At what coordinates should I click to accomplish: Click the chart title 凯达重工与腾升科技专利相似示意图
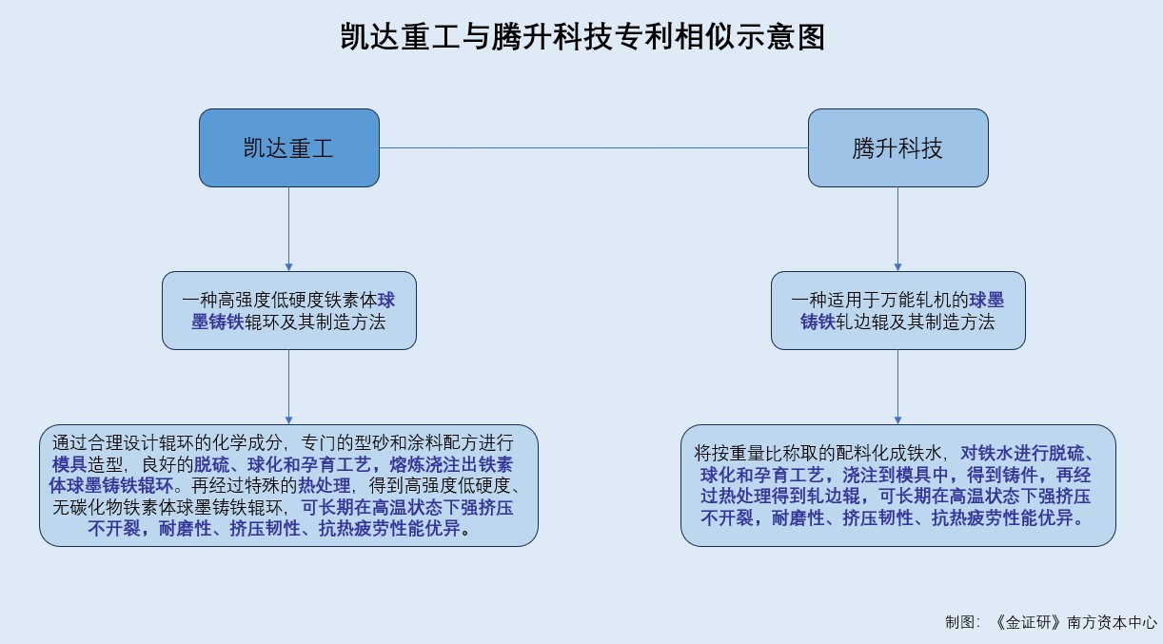point(581,37)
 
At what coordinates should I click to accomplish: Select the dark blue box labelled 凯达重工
point(288,147)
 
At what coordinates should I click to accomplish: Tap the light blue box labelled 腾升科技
point(897,147)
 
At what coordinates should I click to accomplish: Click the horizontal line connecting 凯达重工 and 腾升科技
point(594,147)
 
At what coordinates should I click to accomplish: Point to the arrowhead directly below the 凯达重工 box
point(288,266)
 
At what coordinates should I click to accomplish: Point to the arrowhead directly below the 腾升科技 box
point(897,266)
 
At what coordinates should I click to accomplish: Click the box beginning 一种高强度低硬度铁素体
point(288,310)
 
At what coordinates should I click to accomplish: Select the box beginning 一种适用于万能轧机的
point(897,310)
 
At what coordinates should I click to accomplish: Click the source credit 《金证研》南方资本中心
point(1074,622)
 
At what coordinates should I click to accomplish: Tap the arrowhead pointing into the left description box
point(288,420)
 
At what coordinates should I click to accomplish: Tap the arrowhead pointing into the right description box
point(897,420)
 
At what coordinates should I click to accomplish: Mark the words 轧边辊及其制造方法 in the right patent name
point(916,322)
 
